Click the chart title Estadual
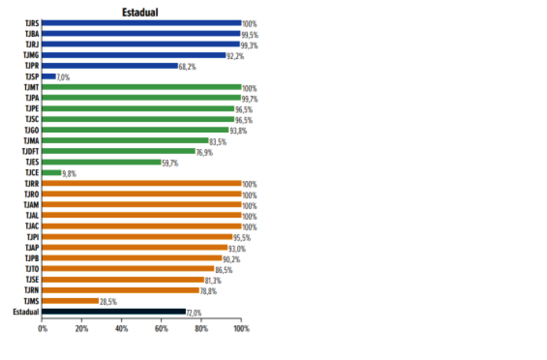pyautogui.click(x=140, y=12)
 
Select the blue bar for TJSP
pyautogui.click(x=49, y=76)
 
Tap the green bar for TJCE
pyautogui.click(x=51, y=173)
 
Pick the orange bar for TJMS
pyautogui.click(x=70, y=301)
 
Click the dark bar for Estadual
pyautogui.click(x=113, y=311)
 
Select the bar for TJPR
pyautogui.click(x=110, y=66)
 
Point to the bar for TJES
pyautogui.click(x=101, y=162)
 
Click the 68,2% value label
pyautogui.click(x=186, y=67)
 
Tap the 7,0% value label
pyautogui.click(x=63, y=77)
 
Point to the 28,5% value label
pyautogui.click(x=108, y=302)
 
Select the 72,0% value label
pyautogui.click(x=194, y=312)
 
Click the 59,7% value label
pyautogui.click(x=170, y=163)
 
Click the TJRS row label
pyautogui.click(x=32, y=23)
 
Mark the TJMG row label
pyautogui.click(x=31, y=55)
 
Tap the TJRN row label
pyautogui.click(x=32, y=290)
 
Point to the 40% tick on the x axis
pyautogui.click(x=122, y=328)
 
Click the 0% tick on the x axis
pyautogui.click(x=43, y=328)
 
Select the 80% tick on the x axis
pyautogui.click(x=201, y=328)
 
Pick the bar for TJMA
pyautogui.click(x=125, y=140)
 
